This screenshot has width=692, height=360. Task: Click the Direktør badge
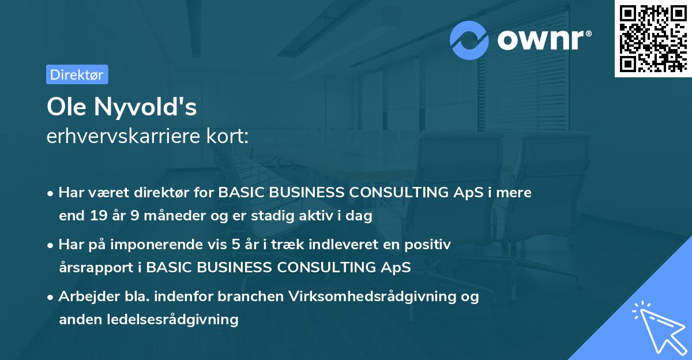tap(77, 74)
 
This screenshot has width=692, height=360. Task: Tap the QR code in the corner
tap(652, 38)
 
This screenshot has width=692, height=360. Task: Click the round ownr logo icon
tap(469, 40)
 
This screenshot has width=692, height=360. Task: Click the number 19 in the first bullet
tap(96, 216)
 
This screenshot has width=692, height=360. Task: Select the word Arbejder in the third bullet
tap(85, 297)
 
